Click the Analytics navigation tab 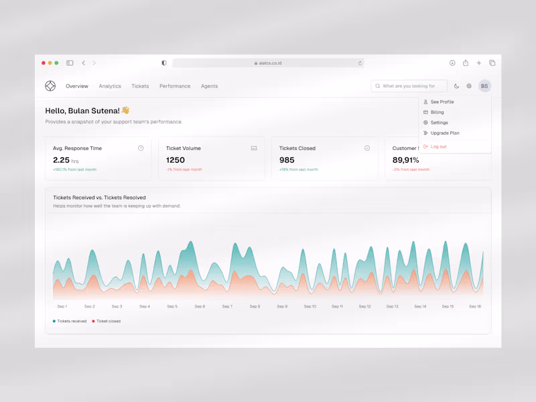110,86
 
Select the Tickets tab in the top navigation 140,86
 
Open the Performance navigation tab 175,86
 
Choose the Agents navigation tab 209,86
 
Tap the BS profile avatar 484,86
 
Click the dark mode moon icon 457,86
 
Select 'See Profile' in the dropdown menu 442,102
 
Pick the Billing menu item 437,113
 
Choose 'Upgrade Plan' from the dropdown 444,133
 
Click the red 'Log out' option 438,147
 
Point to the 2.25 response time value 61,160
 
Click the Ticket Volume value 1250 176,160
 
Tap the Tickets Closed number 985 287,160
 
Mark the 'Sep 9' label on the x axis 282,306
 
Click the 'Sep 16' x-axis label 475,306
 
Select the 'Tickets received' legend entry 71,322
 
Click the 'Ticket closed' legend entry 107,322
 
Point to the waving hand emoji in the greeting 125,111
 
